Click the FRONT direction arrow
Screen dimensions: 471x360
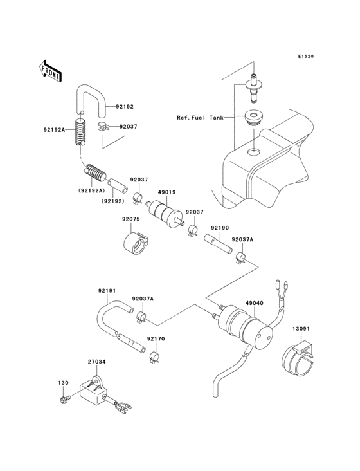click(51, 69)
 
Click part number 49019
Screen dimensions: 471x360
click(167, 191)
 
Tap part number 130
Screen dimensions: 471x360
click(63, 383)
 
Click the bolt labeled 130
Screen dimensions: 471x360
click(64, 400)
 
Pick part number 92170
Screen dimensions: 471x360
click(155, 338)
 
